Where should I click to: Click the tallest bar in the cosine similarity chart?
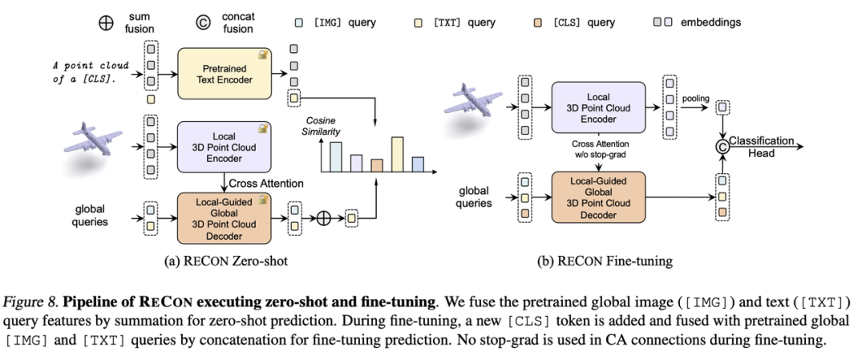tap(396, 155)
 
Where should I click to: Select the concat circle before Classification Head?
tap(722, 146)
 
